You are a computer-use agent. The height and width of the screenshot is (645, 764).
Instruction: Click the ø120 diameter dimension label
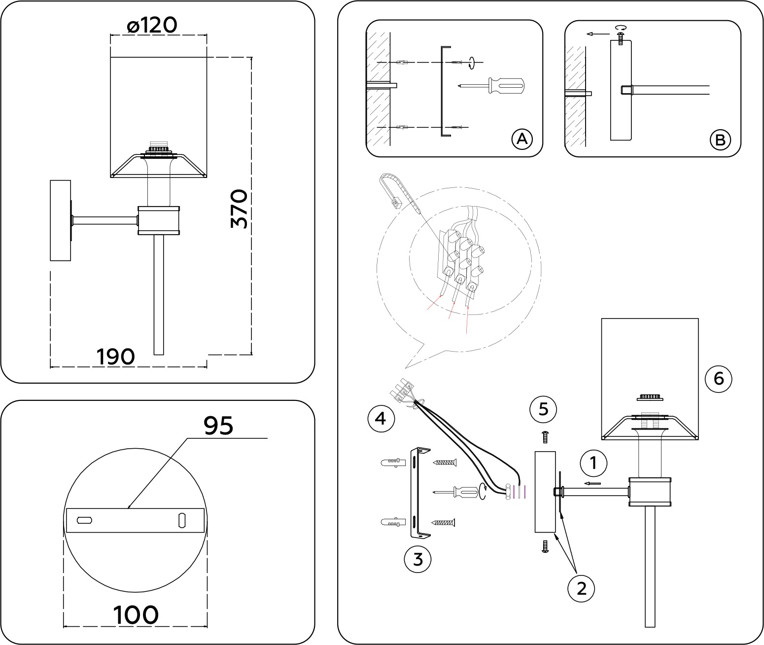[151, 25]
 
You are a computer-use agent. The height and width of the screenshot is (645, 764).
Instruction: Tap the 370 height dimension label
[240, 209]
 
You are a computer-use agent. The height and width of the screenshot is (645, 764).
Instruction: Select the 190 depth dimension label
[115, 357]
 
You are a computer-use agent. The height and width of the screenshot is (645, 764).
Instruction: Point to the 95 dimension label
[218, 425]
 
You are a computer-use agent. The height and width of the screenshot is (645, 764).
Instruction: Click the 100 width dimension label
[136, 615]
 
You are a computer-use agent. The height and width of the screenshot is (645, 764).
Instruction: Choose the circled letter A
[522, 140]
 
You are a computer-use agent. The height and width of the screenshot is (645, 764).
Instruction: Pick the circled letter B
[720, 140]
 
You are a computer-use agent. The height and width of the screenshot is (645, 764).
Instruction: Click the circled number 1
[593, 463]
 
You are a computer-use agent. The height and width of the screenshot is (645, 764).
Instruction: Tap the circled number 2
[581, 588]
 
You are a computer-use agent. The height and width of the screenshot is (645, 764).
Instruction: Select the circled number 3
[417, 559]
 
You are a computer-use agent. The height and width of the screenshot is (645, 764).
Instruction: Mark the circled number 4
[381, 419]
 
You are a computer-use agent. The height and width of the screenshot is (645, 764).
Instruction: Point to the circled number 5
[544, 409]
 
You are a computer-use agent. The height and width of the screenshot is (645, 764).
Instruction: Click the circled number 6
[718, 379]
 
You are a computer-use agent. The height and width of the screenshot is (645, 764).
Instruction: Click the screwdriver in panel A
[493, 86]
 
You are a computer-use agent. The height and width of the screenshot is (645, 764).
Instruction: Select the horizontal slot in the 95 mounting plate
[85, 520]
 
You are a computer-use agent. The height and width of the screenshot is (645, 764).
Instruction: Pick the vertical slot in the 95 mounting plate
[181, 520]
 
